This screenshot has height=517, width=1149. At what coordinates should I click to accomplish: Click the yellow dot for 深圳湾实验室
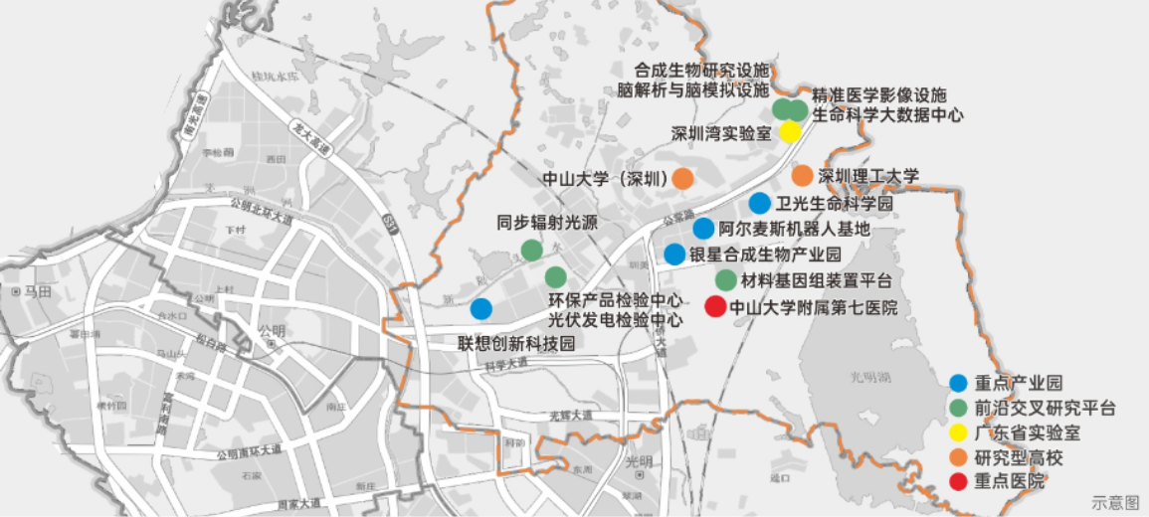pos(790,132)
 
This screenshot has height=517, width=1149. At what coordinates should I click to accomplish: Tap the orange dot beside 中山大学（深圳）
pos(683,179)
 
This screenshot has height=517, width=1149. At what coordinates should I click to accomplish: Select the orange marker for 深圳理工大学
pos(802,176)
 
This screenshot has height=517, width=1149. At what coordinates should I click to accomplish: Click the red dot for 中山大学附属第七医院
pos(714,307)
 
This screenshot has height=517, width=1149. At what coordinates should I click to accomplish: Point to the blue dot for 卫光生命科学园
pos(759,204)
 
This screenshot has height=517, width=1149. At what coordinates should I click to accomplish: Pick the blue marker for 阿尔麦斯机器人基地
pos(703,229)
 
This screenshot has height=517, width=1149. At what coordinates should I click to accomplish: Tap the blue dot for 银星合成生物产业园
pos(674,255)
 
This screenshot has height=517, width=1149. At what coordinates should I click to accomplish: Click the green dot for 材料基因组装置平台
pos(726,280)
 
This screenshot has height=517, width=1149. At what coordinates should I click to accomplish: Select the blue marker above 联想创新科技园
pos(480,308)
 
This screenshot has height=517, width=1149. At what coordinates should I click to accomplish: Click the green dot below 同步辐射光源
pos(532,251)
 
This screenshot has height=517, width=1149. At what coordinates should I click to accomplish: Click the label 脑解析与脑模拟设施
pos(692,89)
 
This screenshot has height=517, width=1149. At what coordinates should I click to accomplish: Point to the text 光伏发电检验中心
pos(616,320)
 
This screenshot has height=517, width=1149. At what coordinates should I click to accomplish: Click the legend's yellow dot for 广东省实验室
pos(959,432)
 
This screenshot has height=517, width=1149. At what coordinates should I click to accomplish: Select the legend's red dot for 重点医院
pos(959,482)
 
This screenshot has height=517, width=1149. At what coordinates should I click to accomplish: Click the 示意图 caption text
pos(1114,503)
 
